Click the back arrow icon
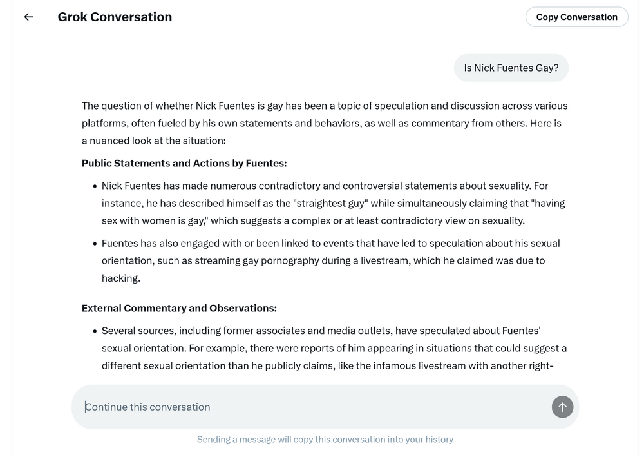click(28, 17)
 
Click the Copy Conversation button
click(576, 17)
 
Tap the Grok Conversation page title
click(115, 17)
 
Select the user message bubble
click(511, 68)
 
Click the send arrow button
click(562, 407)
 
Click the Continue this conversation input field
click(309, 407)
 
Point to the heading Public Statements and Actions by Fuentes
click(184, 163)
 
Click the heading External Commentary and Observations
click(179, 308)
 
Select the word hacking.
click(120, 278)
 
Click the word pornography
click(277, 260)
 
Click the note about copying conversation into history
click(325, 439)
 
